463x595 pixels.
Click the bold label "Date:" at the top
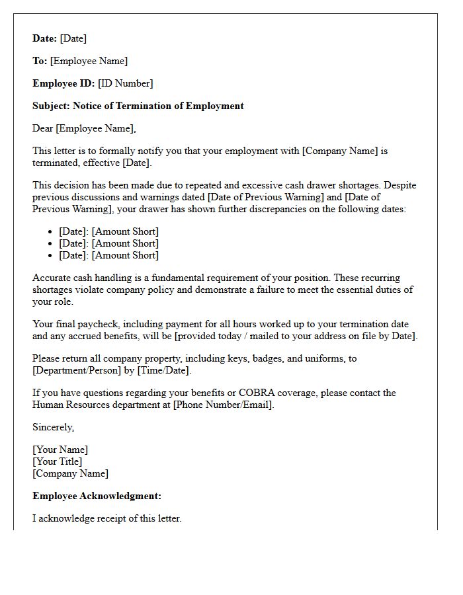pos(45,38)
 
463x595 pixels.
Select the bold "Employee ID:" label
pos(63,83)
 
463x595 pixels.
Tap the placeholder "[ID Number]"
pos(126,83)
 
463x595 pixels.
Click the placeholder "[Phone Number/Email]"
pos(223,405)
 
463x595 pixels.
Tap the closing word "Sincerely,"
pos(54,427)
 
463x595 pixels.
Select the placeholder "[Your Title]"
pos(58,461)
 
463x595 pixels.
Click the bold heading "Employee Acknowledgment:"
pos(97,496)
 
